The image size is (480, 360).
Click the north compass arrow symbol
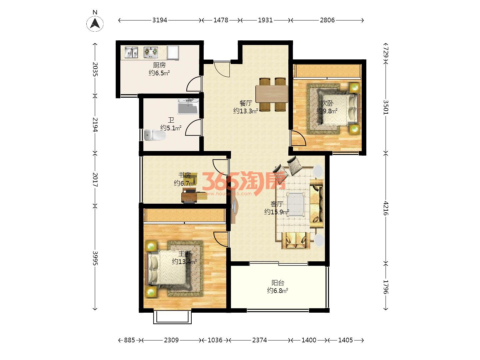tap(95, 23)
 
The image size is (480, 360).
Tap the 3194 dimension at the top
tap(160, 20)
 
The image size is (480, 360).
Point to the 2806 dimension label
tap(327, 20)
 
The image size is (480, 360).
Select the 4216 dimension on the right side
tap(386, 208)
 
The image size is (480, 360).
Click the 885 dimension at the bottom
tap(129, 340)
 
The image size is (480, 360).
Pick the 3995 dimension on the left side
tap(95, 258)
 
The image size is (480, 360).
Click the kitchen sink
tap(131, 52)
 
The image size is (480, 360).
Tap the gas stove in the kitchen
tap(151, 52)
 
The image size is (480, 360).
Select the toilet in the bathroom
tap(155, 135)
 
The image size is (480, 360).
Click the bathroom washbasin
tap(188, 107)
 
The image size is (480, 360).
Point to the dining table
tap(272, 94)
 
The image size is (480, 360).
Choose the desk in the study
tap(189, 196)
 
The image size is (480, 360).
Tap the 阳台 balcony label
tap(278, 283)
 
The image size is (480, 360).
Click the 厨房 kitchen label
tap(159, 65)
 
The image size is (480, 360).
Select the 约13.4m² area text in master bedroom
tap(184, 261)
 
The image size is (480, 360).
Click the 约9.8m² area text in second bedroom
tap(327, 111)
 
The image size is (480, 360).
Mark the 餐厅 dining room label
tap(246, 103)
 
